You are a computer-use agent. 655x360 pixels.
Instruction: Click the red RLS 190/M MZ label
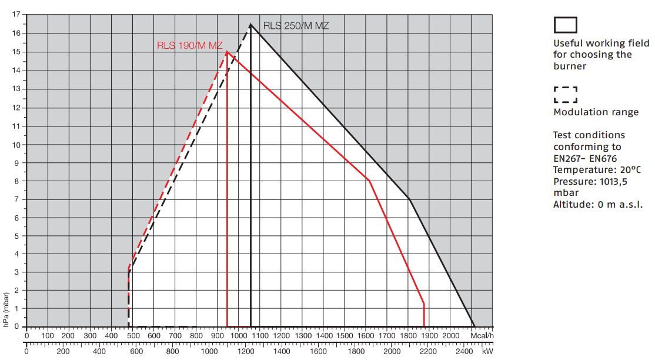tap(190, 45)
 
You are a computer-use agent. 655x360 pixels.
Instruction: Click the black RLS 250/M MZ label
tap(295, 25)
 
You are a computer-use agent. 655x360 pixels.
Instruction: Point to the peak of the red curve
tap(227, 52)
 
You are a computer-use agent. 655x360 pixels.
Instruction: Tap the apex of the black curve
tap(250, 24)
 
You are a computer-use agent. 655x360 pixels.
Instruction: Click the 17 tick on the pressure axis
tap(17, 15)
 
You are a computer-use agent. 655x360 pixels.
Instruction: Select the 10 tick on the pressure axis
tap(17, 144)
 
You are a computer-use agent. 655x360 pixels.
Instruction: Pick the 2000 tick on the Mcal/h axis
tap(450, 335)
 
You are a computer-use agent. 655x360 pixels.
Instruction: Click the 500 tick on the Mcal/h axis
tap(133, 335)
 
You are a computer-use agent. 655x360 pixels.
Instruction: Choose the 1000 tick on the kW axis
tap(209, 351)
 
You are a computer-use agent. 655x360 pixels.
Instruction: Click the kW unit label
tap(487, 351)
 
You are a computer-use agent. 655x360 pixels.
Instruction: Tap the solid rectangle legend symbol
tap(565, 25)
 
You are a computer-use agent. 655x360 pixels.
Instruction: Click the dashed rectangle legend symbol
tap(565, 95)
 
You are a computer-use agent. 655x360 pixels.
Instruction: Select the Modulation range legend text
tap(596, 112)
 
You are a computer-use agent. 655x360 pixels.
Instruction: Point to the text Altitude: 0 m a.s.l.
tap(597, 204)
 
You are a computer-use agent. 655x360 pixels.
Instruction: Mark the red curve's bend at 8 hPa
tap(369, 181)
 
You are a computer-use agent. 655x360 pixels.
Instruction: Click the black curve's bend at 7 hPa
tap(409, 199)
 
